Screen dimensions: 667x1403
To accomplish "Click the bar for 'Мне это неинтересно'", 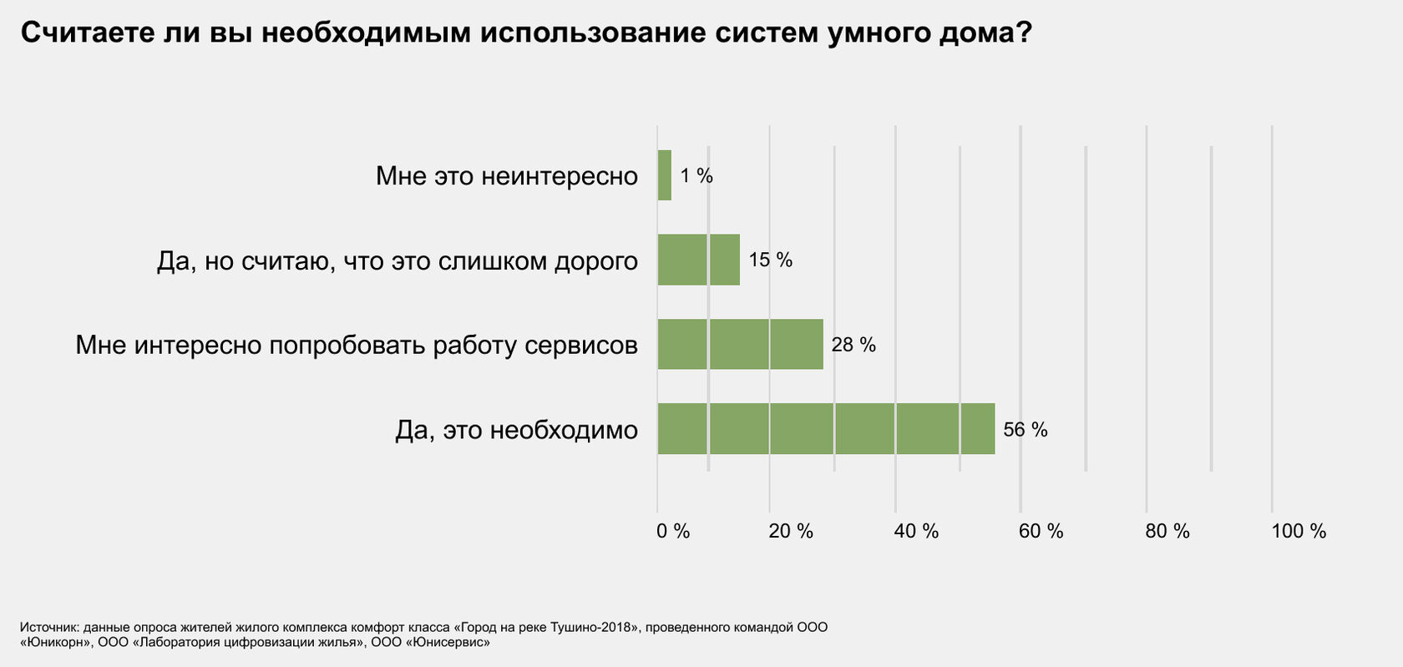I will tap(665, 175).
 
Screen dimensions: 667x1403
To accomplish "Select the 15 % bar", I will tap(699, 260).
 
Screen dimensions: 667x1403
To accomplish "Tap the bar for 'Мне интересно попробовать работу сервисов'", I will tap(740, 344).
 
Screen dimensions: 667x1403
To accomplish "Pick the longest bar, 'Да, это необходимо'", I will tap(826, 429).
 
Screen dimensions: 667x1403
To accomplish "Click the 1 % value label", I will tap(696, 175).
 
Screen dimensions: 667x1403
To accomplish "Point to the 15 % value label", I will tap(770, 260).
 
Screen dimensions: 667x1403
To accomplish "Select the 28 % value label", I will tap(853, 344).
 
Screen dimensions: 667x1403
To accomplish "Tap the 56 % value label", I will tap(1026, 429).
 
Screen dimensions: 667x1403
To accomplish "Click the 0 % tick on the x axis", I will tap(673, 531).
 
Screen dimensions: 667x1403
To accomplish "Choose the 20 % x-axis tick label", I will tap(791, 531).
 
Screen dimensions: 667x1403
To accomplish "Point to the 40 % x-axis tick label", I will tap(916, 531).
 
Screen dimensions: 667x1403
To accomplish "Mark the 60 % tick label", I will tap(1041, 531).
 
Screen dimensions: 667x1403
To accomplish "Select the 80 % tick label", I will tap(1167, 531).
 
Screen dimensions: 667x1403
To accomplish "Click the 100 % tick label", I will tap(1299, 531).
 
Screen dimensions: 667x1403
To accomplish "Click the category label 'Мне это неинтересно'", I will tap(507, 176).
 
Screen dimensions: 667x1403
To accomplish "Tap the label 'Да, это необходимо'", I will tap(516, 430).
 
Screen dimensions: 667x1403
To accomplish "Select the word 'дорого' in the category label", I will tap(596, 261).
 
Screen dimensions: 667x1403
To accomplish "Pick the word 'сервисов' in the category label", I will tap(581, 345).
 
